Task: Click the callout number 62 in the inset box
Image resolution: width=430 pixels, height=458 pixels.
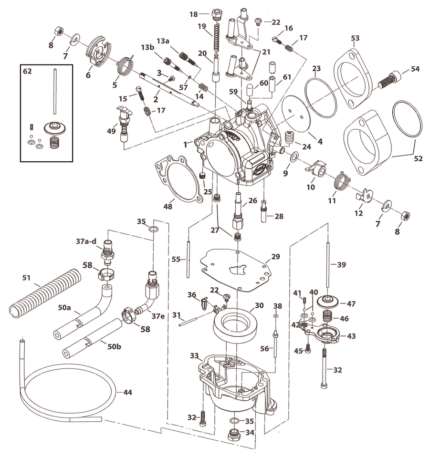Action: pos(28,72)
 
